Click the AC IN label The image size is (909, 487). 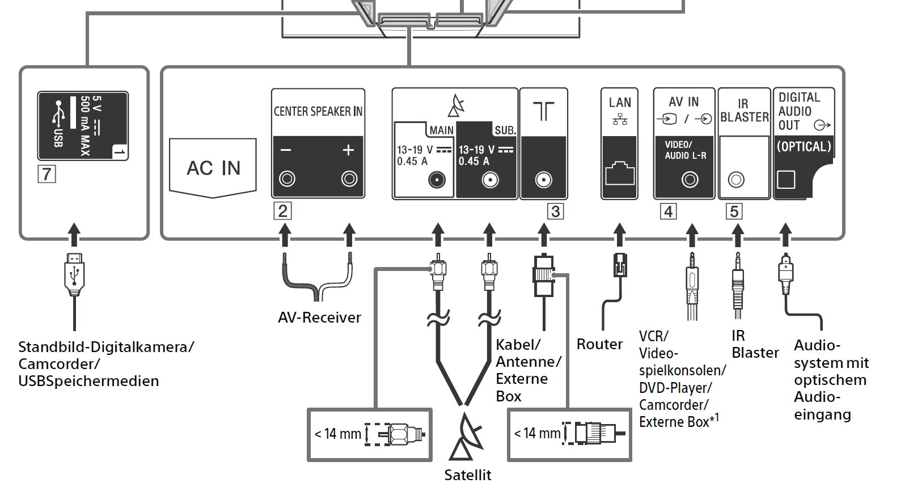pyautogui.click(x=213, y=168)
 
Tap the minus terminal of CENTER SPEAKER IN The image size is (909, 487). pyautogui.click(x=287, y=179)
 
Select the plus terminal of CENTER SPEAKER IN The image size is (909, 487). pyautogui.click(x=349, y=179)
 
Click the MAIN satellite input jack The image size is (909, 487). pyautogui.click(x=437, y=180)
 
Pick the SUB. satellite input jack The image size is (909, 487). pyautogui.click(x=490, y=180)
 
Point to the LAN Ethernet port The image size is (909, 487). pyautogui.click(x=619, y=173)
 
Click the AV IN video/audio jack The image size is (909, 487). pyautogui.click(x=690, y=179)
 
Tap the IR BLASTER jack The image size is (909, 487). pyautogui.click(x=735, y=179)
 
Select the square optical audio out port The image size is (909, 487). pyautogui.click(x=785, y=179)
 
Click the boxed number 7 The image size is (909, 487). pyautogui.click(x=46, y=174)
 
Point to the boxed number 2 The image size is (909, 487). pyautogui.click(x=282, y=211)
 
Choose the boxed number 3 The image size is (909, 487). pyautogui.click(x=555, y=211)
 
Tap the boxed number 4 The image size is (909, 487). pyautogui.click(x=669, y=211)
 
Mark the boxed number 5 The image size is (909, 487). pyautogui.click(x=734, y=211)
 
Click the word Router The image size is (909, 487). pyautogui.click(x=599, y=344)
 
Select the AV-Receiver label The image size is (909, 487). pyautogui.click(x=319, y=317)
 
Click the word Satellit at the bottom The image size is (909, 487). pyautogui.click(x=467, y=475)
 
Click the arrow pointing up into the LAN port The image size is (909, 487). pyautogui.click(x=619, y=235)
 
